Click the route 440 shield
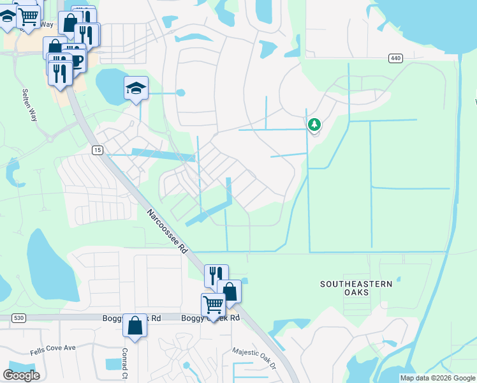click(x=395, y=58)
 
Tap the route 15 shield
click(x=97, y=150)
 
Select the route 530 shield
click(x=18, y=317)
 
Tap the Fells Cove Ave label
click(x=53, y=349)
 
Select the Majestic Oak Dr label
click(x=254, y=357)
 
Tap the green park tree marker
click(x=314, y=124)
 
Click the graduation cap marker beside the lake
click(x=136, y=87)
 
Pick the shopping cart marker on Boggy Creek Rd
click(x=213, y=304)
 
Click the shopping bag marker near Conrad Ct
click(x=135, y=326)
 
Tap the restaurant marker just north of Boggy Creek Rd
click(x=216, y=276)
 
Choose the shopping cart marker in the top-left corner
click(x=28, y=16)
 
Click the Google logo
click(x=21, y=375)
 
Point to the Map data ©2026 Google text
click(x=437, y=378)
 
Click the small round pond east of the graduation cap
click(x=180, y=93)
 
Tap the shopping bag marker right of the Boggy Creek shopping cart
click(x=230, y=291)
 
